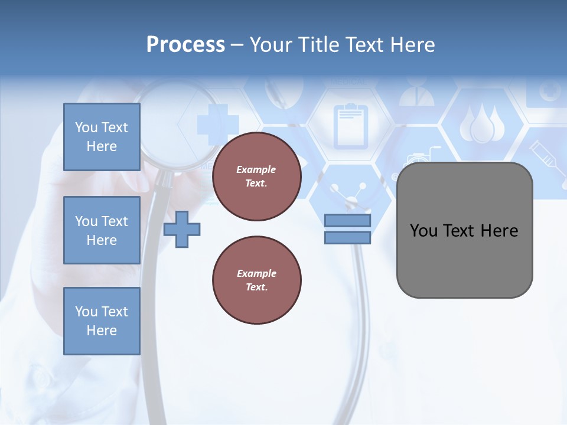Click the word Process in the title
[x=185, y=44]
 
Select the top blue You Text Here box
[x=102, y=137]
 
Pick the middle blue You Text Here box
[x=102, y=230]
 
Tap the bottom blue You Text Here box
[x=102, y=321]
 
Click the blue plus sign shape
[x=182, y=229]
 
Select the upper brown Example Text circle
[x=256, y=176]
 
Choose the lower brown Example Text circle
[x=256, y=280]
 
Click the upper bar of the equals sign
[x=347, y=221]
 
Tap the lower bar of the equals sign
[x=347, y=238]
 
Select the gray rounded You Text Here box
[x=464, y=230]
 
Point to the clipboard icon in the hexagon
[x=350, y=126]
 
